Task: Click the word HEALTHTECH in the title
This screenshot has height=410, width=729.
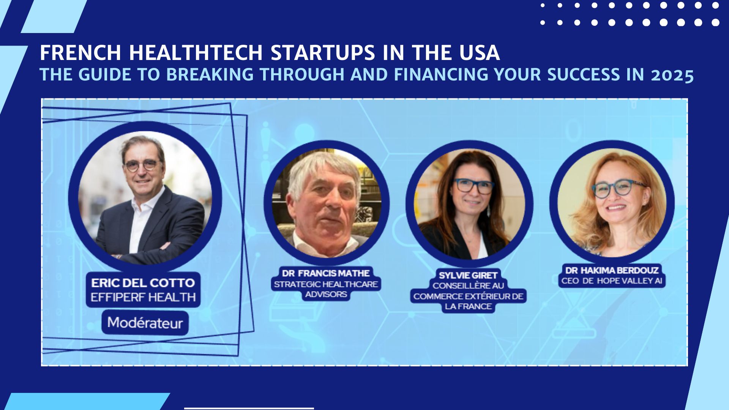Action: tap(196, 53)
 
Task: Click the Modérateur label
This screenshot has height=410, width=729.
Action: tap(145, 323)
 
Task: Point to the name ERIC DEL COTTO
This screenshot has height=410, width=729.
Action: tap(143, 283)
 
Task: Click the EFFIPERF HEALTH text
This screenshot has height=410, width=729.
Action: tap(143, 297)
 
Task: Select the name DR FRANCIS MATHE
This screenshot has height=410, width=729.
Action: tap(326, 273)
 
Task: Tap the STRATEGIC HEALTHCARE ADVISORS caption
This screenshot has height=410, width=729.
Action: tap(326, 289)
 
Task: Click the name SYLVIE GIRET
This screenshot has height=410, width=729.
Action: tap(468, 275)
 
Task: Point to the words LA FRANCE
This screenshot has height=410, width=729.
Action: tap(468, 306)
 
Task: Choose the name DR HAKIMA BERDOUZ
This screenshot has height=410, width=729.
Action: tap(612, 270)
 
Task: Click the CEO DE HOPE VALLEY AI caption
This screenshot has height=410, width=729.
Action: tap(612, 281)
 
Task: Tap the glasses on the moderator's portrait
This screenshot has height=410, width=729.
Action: tap(141, 165)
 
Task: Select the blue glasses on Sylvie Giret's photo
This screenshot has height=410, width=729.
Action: tap(474, 186)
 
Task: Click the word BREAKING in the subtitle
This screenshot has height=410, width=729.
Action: tap(210, 75)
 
